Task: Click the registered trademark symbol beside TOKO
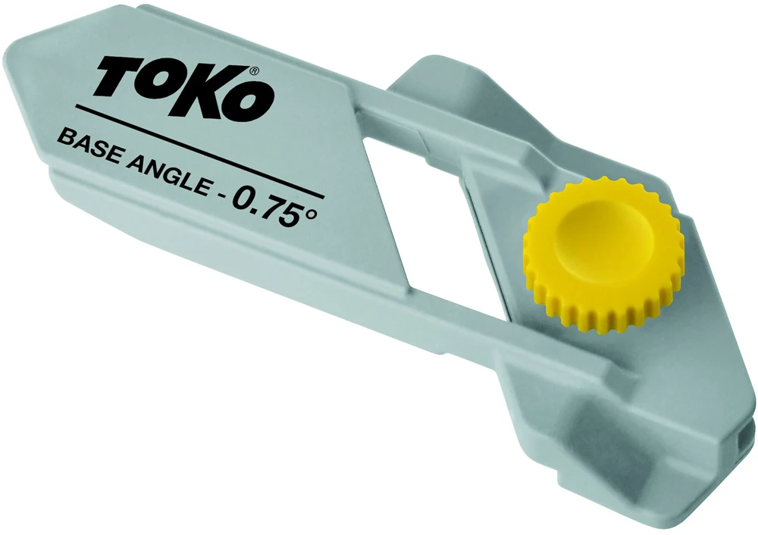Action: tap(254, 72)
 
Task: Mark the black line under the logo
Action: tap(199, 151)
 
